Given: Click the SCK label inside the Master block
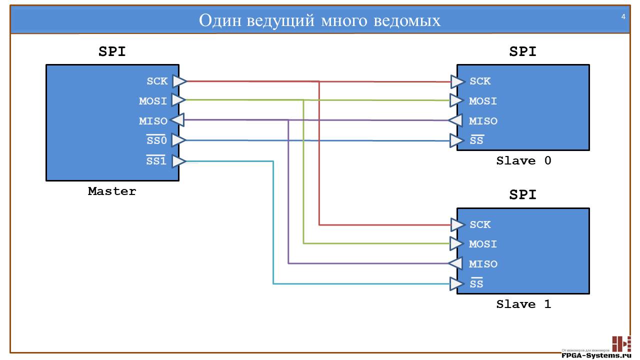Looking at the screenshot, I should click(x=157, y=81).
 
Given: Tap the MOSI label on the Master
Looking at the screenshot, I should click(x=153, y=101).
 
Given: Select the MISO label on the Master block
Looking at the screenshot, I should click(x=153, y=121).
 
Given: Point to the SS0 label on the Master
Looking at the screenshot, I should click(x=156, y=141).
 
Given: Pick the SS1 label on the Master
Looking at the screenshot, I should click(x=156, y=161).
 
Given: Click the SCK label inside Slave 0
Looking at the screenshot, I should click(x=480, y=81).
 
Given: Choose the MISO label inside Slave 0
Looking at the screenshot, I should click(x=483, y=121).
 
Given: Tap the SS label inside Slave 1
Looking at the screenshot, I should click(x=476, y=284).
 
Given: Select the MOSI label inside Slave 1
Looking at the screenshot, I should click(x=483, y=244).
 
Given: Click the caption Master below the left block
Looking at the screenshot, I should click(x=112, y=191).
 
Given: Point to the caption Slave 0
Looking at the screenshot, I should click(x=523, y=161).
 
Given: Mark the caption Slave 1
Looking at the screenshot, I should click(x=523, y=304).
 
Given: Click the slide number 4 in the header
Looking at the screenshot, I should click(x=623, y=17).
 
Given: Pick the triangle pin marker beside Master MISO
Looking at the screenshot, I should click(x=176, y=120).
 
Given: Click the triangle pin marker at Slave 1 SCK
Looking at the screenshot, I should click(x=457, y=224).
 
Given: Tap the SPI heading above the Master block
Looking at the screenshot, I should click(x=112, y=51).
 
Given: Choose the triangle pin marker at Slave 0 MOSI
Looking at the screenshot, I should click(x=457, y=100).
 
